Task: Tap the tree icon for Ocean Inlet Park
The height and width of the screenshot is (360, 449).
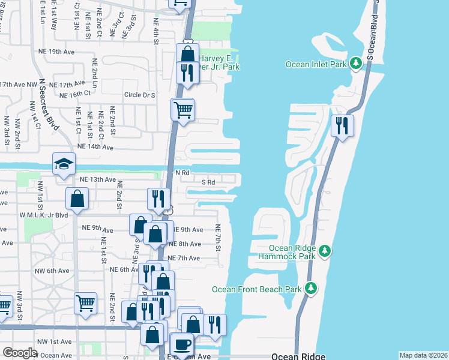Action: [x=355, y=63]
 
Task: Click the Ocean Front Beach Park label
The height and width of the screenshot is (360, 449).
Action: [x=256, y=289]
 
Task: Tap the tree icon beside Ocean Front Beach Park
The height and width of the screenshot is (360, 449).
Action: [x=311, y=289]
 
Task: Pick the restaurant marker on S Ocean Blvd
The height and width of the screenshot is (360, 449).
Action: [x=342, y=126]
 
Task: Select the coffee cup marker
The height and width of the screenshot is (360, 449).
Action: [x=182, y=346]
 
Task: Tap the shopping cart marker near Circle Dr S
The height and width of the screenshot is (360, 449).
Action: [x=182, y=110]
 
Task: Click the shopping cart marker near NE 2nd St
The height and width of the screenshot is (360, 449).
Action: [x=85, y=303]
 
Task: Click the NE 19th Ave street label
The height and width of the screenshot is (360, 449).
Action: [x=56, y=52]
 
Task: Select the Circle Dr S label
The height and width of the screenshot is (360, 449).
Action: [x=139, y=95]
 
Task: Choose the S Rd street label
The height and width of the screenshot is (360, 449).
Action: [x=208, y=182]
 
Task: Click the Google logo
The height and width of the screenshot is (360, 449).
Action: [x=20, y=352]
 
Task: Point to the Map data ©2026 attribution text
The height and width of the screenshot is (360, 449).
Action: [x=423, y=355]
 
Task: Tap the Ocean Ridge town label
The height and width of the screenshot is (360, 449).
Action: [x=298, y=356]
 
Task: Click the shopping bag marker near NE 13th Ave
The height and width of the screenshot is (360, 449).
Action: [x=77, y=199]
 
